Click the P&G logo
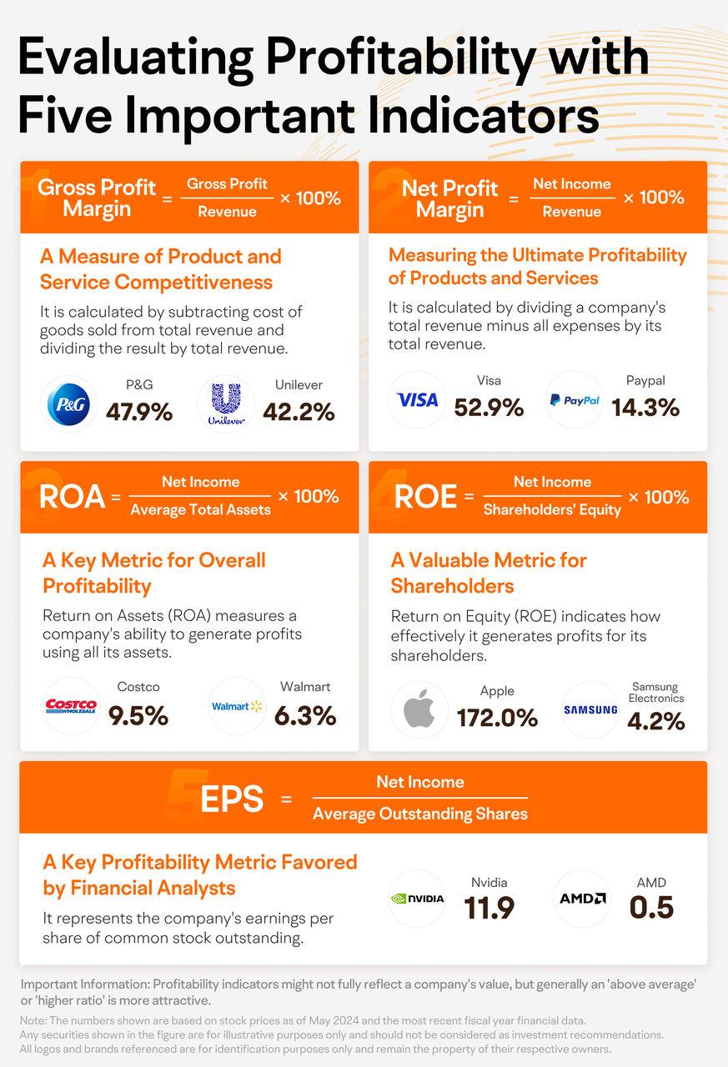pos(69,405)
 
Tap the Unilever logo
pos(225,405)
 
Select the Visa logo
pos(418,400)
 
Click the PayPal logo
pos(575,400)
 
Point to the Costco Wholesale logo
pos(70,706)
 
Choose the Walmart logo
pos(237,706)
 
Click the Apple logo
pos(419,709)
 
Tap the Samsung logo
pos(590,709)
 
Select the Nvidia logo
pos(418,898)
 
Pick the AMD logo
pos(582,898)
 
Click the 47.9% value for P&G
pos(139,411)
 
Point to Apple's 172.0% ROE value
pos(497,717)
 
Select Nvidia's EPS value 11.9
pos(490,908)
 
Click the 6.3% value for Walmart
pos(305,714)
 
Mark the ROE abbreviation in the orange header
pos(425,498)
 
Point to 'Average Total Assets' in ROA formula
pos(200,509)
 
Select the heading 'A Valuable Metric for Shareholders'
pos(489,573)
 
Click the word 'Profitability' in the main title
pos(448,58)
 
